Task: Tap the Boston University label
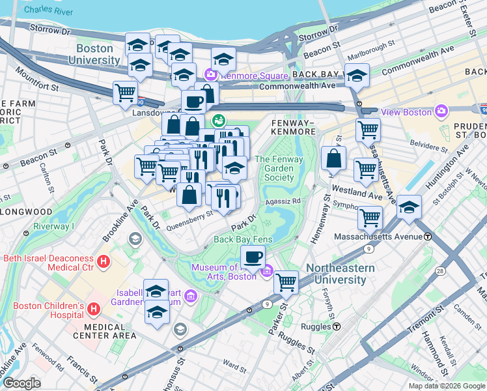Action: [98, 54]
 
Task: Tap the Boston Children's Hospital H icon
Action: [94, 307]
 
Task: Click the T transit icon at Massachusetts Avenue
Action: [428, 236]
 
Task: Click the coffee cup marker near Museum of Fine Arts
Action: [253, 257]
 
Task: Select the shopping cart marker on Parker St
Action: [286, 283]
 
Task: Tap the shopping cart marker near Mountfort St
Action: [125, 92]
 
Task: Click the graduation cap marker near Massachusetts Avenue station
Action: [409, 207]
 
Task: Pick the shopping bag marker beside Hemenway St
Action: [333, 158]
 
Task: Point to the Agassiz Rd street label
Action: [283, 201]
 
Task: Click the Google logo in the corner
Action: [21, 383]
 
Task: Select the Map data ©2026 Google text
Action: [447, 386]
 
